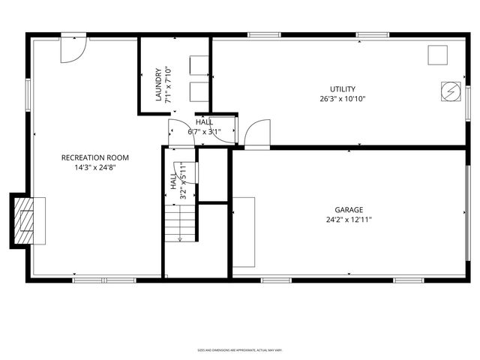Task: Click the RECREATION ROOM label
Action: [94, 157]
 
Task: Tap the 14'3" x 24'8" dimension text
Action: [94, 167]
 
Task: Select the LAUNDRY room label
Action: [159, 85]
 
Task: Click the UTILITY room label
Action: [343, 89]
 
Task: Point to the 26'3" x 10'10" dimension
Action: [343, 98]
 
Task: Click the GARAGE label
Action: [349, 210]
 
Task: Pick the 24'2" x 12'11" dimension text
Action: [349, 220]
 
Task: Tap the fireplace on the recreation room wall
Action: [27, 220]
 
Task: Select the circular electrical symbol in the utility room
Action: [450, 90]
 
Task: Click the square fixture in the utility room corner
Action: [437, 55]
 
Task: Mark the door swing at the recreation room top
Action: [73, 48]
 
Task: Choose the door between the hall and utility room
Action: [256, 133]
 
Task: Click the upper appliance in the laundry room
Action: [199, 65]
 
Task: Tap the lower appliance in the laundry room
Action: [199, 92]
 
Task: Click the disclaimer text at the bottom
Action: [239, 349]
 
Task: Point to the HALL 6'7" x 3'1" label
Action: [204, 127]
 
